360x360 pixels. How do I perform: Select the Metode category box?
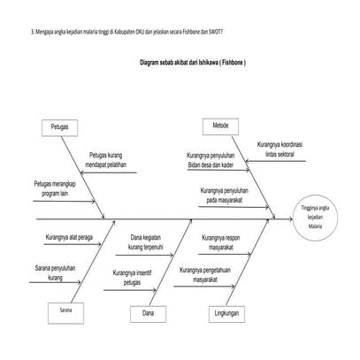coord(220,126)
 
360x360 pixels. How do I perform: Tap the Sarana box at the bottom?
coord(66,311)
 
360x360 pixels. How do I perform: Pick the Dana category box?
coord(148,312)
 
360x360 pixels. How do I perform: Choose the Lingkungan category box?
coord(226,312)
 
